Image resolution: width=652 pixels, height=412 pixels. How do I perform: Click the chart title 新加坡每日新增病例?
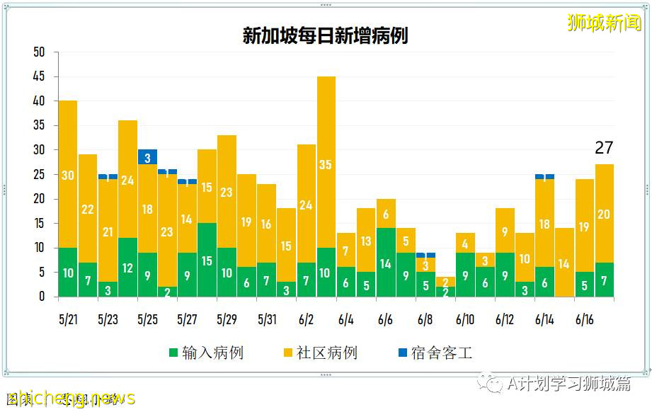(325, 36)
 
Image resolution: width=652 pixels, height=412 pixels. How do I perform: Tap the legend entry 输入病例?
(206, 352)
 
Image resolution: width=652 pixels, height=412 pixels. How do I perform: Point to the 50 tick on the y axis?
(39, 52)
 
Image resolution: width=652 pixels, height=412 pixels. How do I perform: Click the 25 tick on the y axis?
(39, 175)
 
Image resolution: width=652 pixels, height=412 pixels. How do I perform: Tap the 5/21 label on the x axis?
(68, 320)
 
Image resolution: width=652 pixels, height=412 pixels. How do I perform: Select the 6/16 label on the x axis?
(584, 320)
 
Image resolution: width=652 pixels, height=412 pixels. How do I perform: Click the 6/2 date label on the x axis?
(306, 320)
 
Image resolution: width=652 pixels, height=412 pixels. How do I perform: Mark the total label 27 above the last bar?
(604, 148)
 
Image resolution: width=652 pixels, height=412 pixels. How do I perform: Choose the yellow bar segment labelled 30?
(68, 174)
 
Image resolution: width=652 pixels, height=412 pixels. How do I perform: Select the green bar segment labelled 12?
(127, 268)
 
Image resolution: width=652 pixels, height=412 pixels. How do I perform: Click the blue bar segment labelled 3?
(147, 157)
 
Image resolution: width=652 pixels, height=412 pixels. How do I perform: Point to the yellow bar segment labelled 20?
(604, 214)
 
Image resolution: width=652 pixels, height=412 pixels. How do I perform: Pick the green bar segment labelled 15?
(207, 260)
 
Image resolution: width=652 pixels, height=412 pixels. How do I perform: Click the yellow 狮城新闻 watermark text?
(603, 23)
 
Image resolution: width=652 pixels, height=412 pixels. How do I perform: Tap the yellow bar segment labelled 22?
(88, 208)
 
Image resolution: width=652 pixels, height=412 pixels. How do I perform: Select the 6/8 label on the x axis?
(425, 320)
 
